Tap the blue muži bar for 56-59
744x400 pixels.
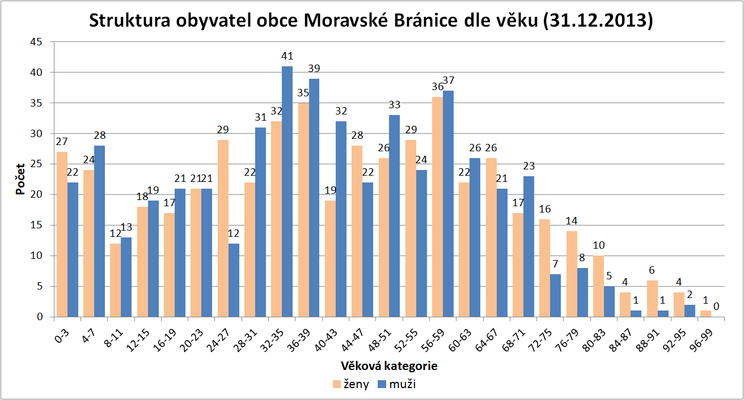click(x=448, y=203)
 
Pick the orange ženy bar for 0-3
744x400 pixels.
click(x=62, y=234)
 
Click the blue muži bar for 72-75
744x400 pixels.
click(x=556, y=295)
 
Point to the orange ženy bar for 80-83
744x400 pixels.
click(x=598, y=286)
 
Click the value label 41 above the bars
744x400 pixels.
click(x=287, y=57)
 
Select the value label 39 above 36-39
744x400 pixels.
click(x=314, y=69)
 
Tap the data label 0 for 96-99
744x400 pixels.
click(x=717, y=307)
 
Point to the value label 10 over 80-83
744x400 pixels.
click(x=599, y=245)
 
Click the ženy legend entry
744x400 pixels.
click(x=350, y=385)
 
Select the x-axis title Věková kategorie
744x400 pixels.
click(x=389, y=366)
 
